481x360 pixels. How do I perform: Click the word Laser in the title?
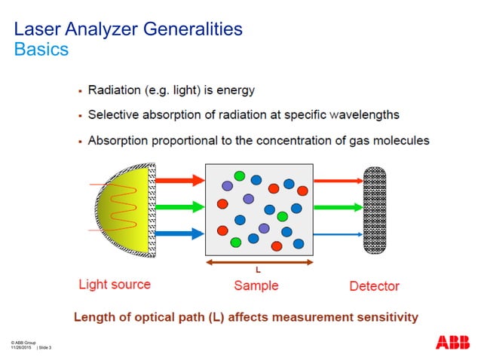tap(38, 29)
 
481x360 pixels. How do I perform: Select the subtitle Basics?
tap(41, 50)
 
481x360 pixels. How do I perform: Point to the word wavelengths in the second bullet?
tap(360, 115)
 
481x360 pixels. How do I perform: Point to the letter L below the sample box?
tap(257, 270)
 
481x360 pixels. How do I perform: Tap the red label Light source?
tap(115, 285)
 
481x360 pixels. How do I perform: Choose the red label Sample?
tap(256, 285)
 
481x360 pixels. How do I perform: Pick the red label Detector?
tap(374, 286)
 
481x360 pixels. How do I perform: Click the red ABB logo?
tap(452, 342)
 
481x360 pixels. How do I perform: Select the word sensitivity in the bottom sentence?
tap(381, 317)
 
